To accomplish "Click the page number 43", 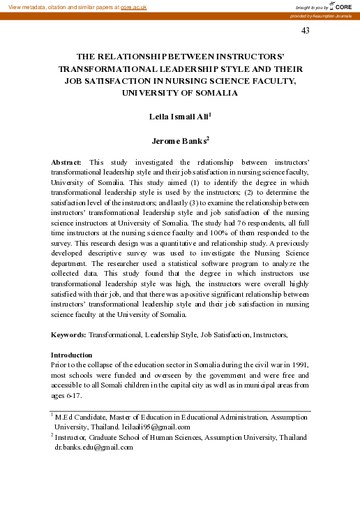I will point(305,30).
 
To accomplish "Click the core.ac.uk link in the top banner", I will point(134,6).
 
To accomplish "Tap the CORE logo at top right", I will point(341,6).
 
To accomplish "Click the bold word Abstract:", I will point(67,161).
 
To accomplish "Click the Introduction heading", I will point(72,355).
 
